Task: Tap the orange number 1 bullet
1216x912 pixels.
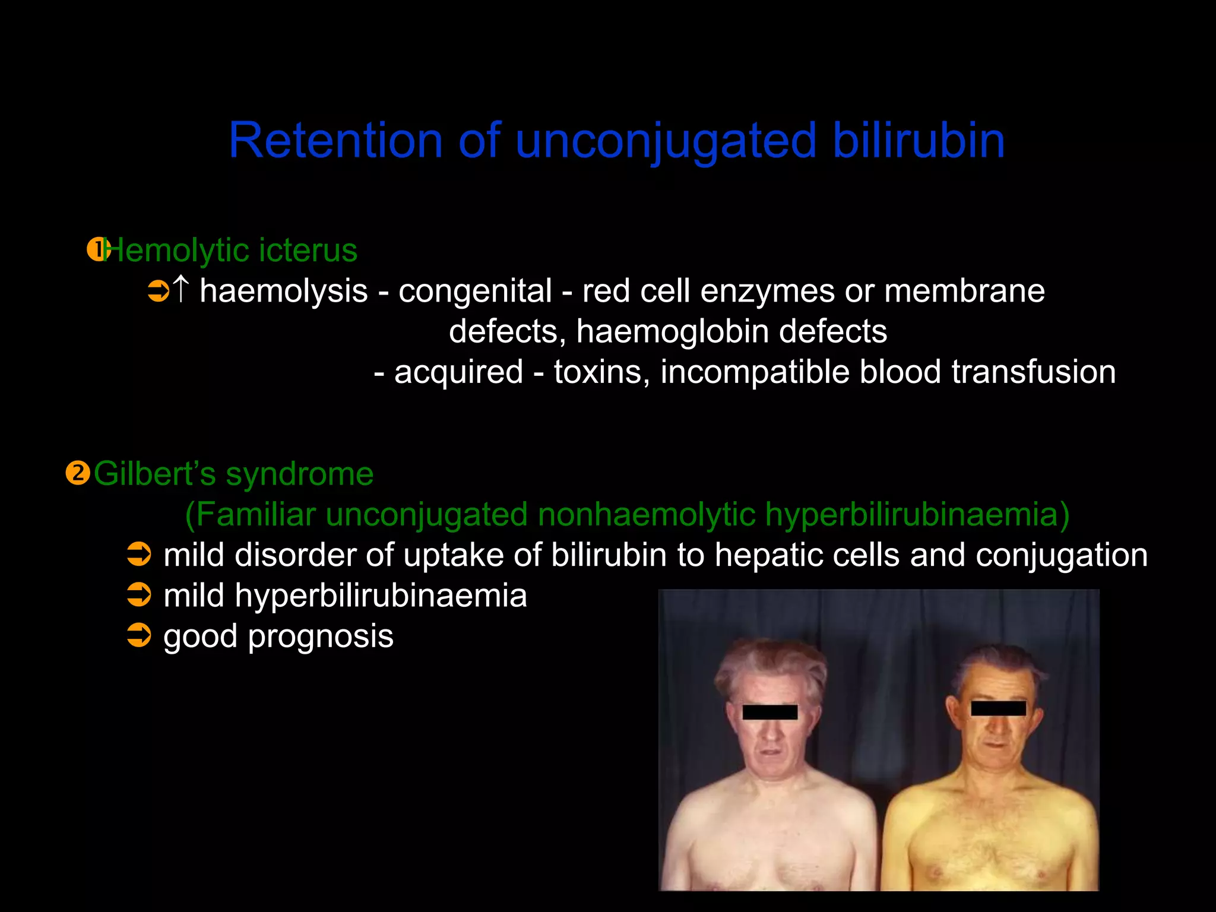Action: click(96, 250)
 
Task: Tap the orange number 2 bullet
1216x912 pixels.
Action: click(77, 473)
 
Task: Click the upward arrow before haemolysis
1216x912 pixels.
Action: click(180, 290)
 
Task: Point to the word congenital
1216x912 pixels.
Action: click(475, 291)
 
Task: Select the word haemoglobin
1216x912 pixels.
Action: click(673, 331)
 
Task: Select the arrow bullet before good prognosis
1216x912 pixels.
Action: click(140, 635)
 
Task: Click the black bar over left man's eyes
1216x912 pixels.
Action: click(769, 712)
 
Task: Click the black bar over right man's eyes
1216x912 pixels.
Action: click(998, 708)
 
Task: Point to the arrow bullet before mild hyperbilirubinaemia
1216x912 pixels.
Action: click(140, 594)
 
